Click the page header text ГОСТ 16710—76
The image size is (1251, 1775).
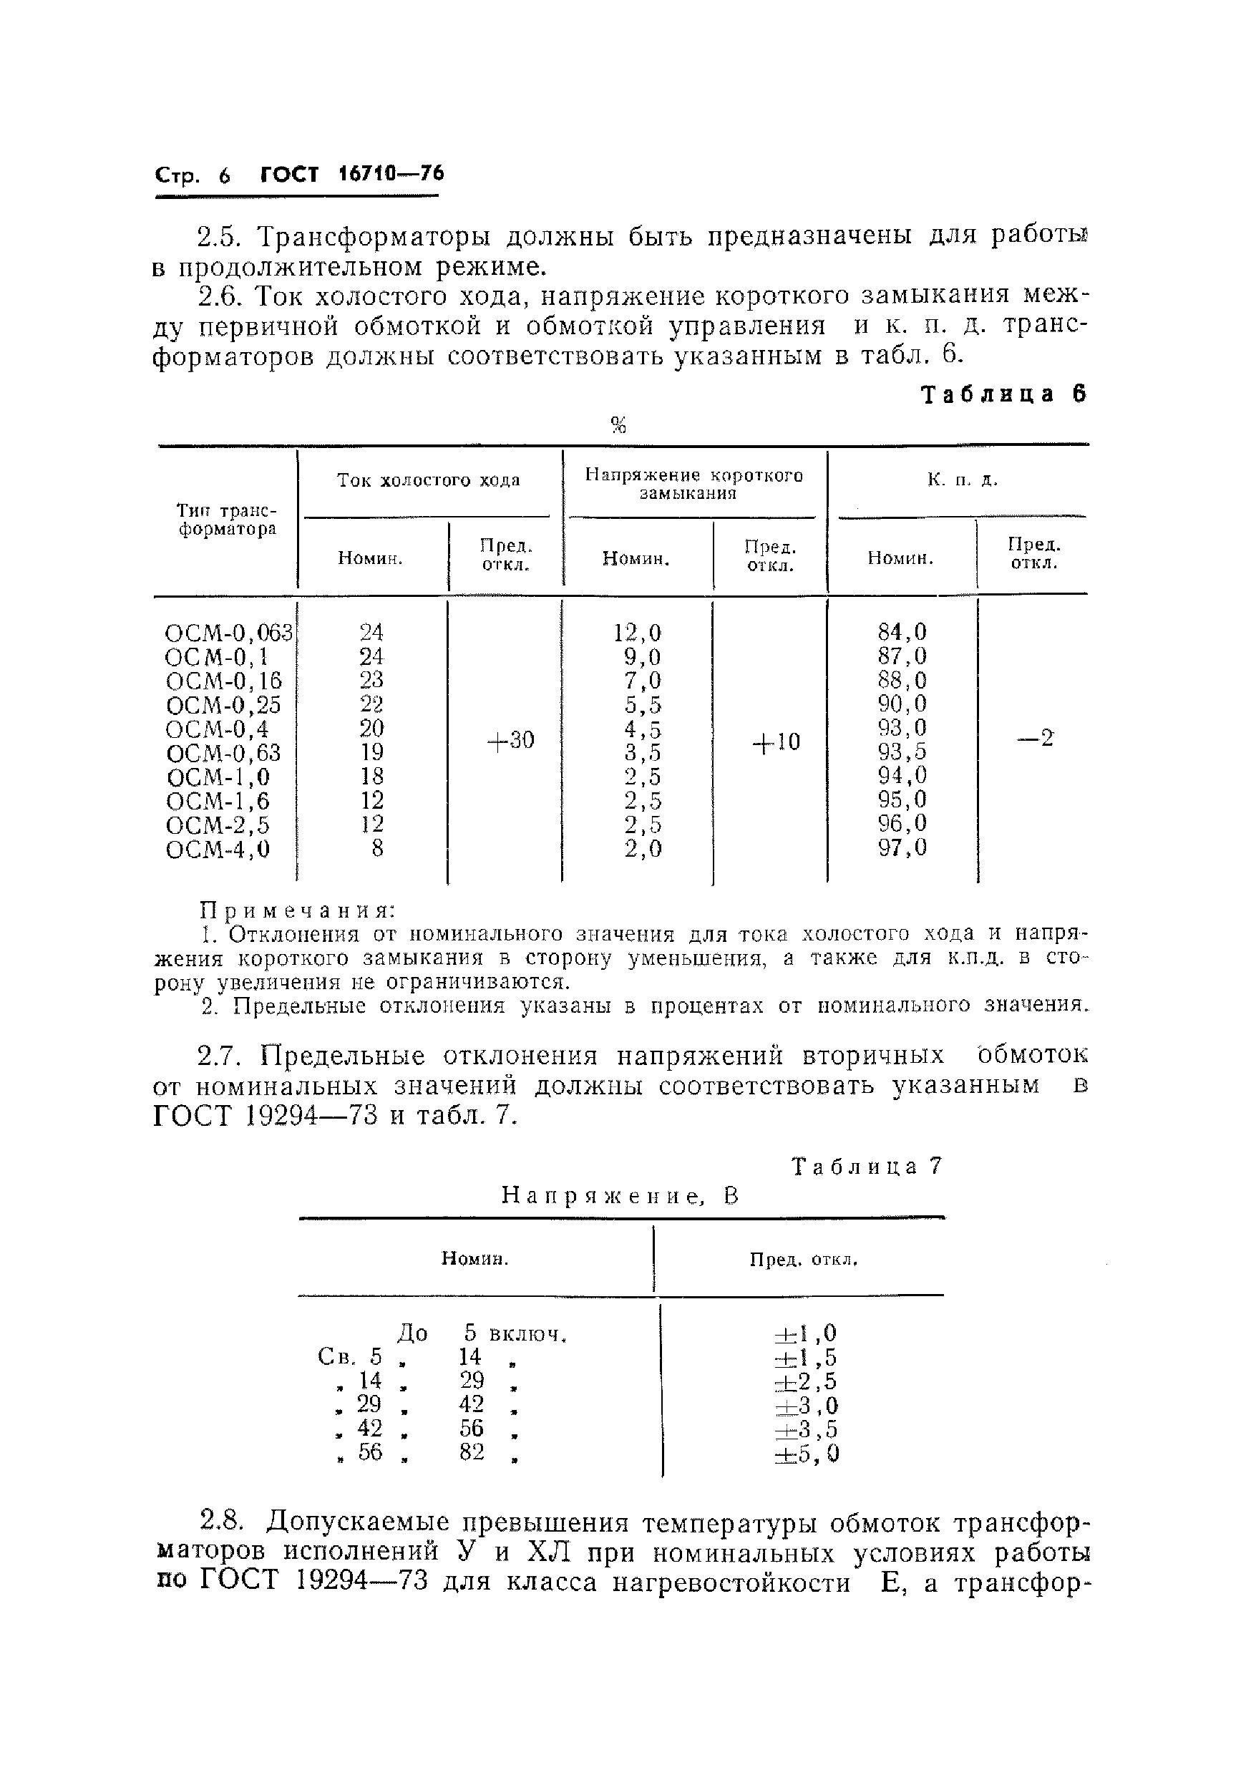pyautogui.click(x=352, y=174)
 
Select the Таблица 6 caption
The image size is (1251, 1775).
pyautogui.click(x=1003, y=394)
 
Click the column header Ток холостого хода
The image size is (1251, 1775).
pyautogui.click(x=429, y=480)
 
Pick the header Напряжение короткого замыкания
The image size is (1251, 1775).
pyautogui.click(x=693, y=484)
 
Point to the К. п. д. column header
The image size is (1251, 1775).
pyautogui.click(x=962, y=480)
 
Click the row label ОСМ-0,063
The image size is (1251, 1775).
pyautogui.click(x=229, y=633)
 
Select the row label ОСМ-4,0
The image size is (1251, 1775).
pyautogui.click(x=218, y=850)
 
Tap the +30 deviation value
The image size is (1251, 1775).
pyautogui.click(x=510, y=741)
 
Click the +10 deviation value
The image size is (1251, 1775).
pyautogui.click(x=776, y=742)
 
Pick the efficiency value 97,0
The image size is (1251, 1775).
pyautogui.click(x=902, y=848)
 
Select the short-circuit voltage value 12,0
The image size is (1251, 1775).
pyautogui.click(x=637, y=633)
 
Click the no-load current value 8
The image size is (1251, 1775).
pyautogui.click(x=376, y=849)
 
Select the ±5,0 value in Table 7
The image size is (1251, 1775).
pyautogui.click(x=806, y=1455)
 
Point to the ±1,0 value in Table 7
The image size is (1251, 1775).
pyautogui.click(x=805, y=1333)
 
